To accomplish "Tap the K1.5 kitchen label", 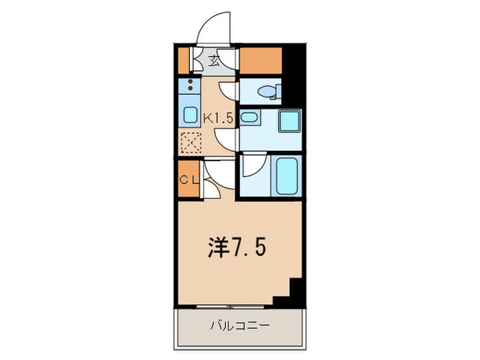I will [219, 117].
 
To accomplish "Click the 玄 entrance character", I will [214, 61].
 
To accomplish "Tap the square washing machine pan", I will [289, 122].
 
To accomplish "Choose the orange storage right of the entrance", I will [260, 62].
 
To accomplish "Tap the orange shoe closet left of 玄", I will [182, 60].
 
